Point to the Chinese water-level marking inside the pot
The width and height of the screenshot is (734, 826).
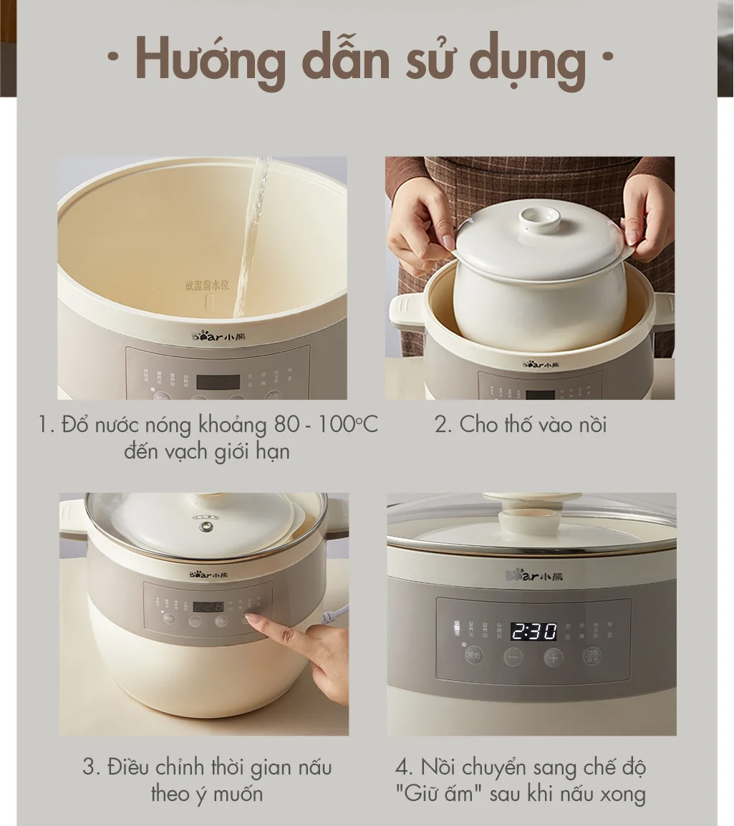206,285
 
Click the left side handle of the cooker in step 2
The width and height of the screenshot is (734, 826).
406,312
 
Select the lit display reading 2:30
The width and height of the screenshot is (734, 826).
533,631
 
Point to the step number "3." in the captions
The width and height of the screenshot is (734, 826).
92,768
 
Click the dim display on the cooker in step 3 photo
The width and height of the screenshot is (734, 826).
208,606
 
